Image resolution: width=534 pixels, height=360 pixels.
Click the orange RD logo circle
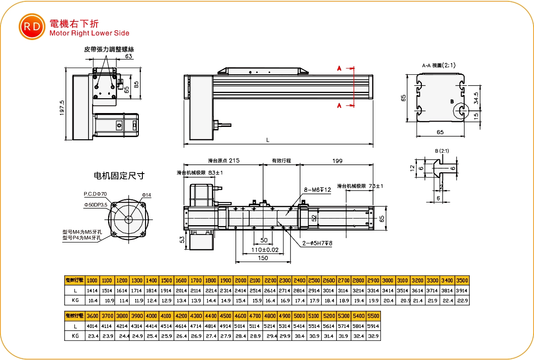coord(32,26)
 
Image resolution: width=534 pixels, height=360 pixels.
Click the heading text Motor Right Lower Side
coord(89,33)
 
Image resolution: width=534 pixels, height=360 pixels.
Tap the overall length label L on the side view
coord(267,140)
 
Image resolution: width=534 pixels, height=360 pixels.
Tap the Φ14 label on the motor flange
coord(147,195)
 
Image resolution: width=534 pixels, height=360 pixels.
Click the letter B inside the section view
coord(452,102)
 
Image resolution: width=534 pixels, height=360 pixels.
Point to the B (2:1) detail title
coord(442,151)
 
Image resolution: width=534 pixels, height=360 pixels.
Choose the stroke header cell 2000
coord(240,281)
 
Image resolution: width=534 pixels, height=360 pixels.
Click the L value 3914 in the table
coord(462,291)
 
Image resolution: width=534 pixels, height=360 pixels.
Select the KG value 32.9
coord(373,336)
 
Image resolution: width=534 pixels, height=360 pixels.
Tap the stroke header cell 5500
coord(373,316)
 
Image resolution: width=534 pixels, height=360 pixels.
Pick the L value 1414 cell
coord(92,291)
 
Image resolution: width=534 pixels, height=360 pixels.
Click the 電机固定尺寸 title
coord(119,176)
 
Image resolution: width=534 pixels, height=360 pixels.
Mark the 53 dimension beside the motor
coord(182,239)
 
